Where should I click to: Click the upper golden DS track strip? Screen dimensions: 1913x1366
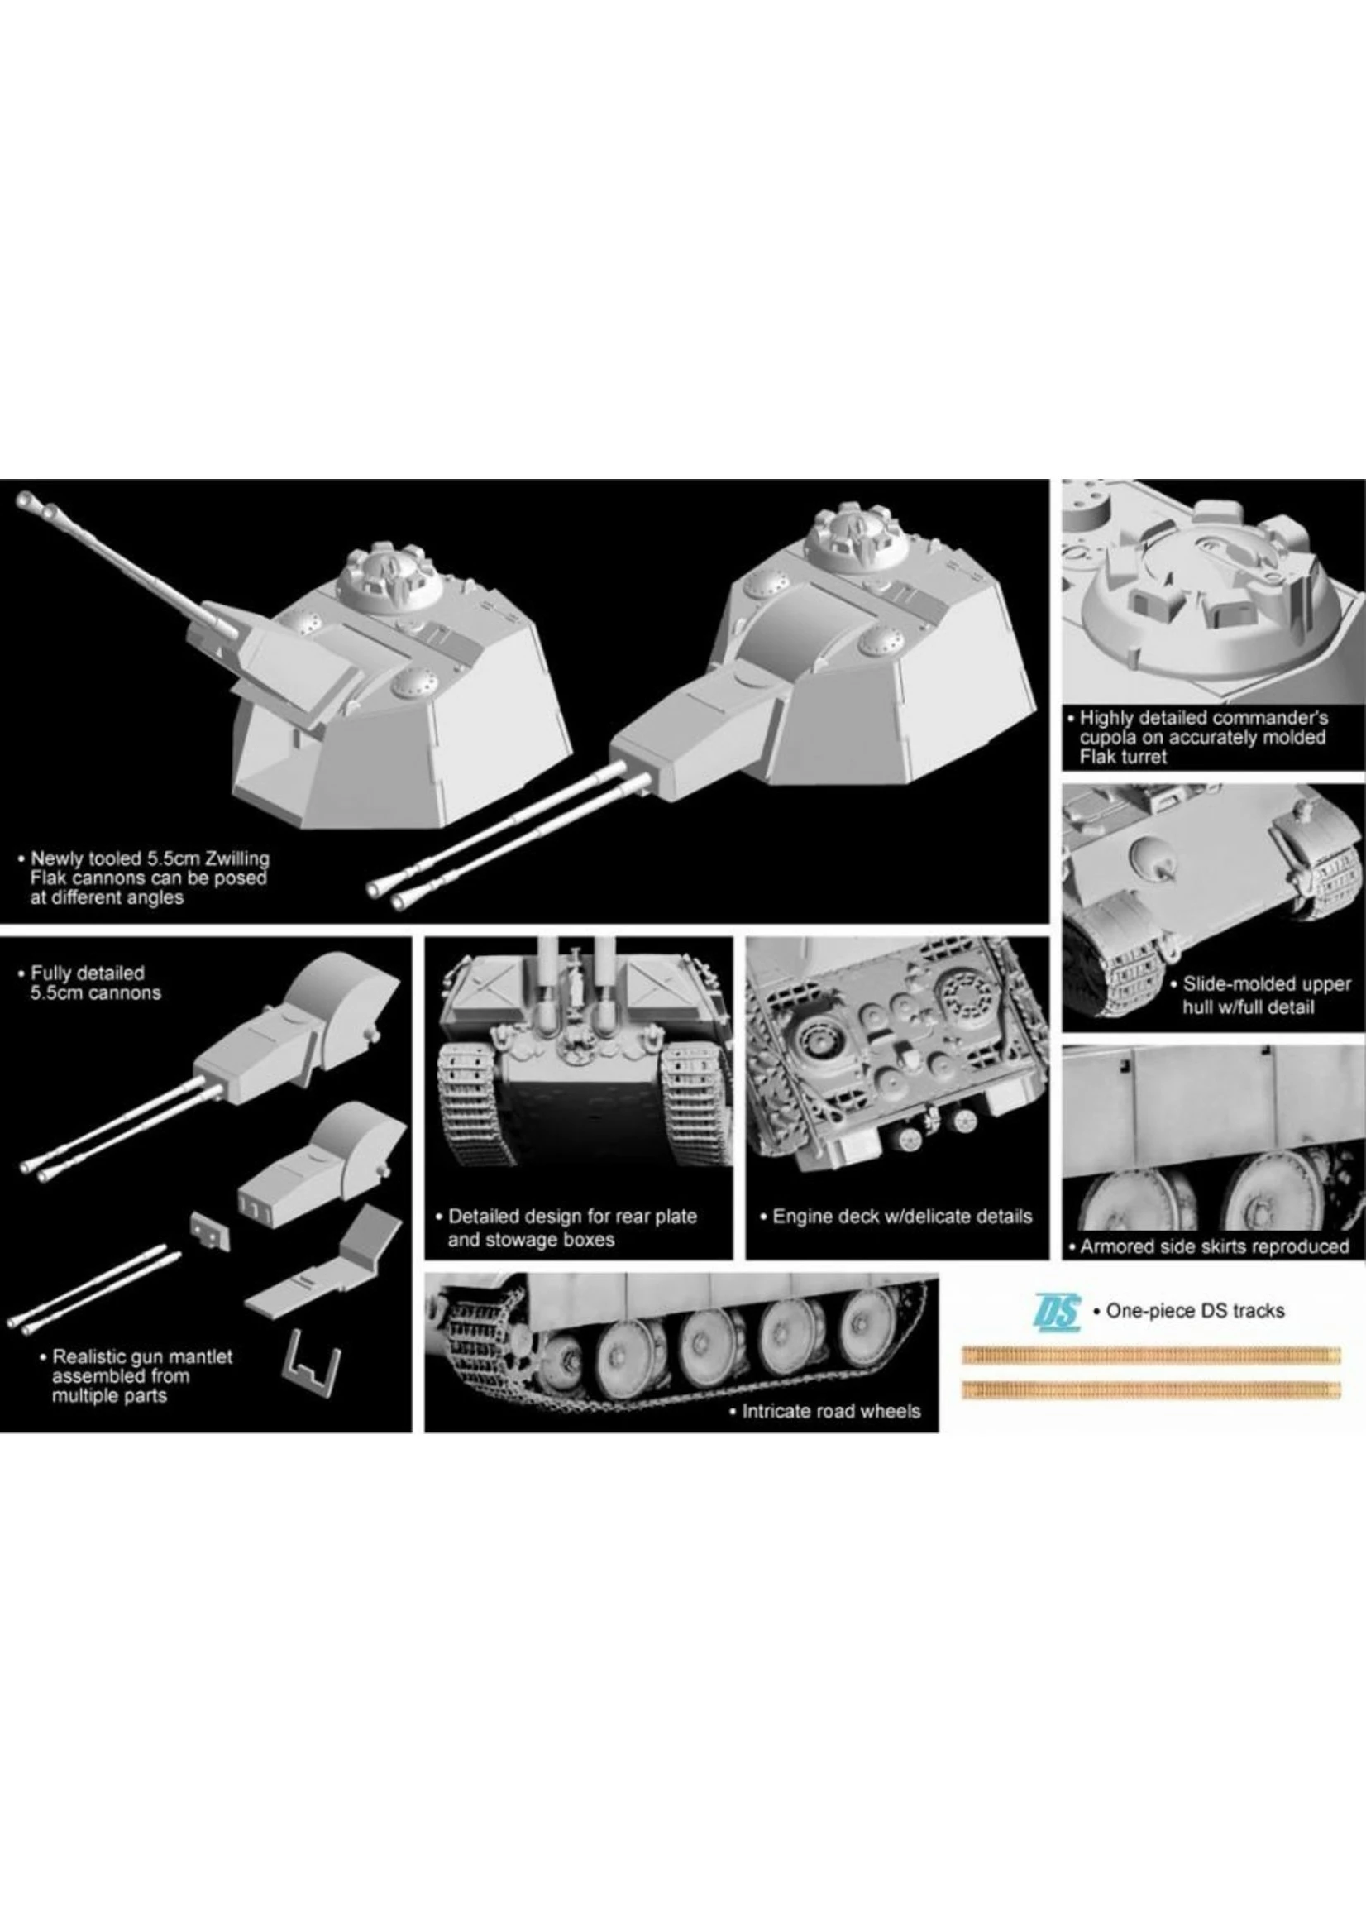(x=1151, y=1354)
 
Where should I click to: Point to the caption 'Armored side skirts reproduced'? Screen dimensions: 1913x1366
(x=1214, y=1246)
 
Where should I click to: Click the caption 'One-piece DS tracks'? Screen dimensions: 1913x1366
(x=1194, y=1310)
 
